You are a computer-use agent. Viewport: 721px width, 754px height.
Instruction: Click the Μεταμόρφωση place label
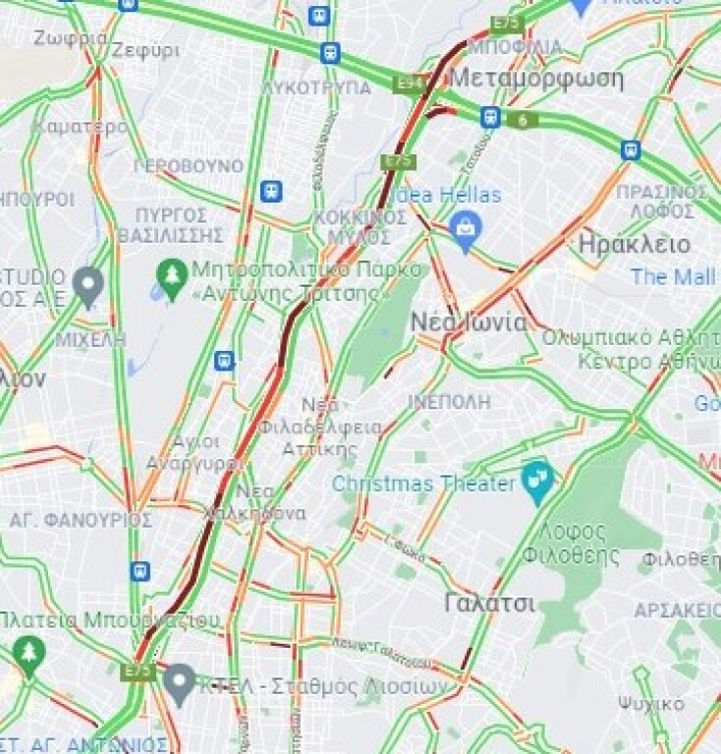[538, 78]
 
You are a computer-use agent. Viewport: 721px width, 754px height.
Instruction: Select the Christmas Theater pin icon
[537, 480]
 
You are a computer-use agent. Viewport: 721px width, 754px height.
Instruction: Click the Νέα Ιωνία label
[481, 322]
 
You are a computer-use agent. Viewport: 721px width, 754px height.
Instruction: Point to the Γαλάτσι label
[489, 603]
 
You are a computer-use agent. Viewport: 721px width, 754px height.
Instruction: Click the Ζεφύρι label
[145, 49]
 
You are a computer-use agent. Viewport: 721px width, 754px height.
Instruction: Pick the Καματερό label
[80, 127]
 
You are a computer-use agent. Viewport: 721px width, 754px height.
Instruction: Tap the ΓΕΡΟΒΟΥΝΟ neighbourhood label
[188, 165]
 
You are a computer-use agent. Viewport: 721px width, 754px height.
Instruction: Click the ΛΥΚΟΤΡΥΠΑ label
[316, 87]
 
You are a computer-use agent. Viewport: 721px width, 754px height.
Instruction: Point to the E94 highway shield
[408, 85]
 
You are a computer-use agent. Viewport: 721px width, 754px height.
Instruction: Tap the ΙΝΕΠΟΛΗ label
[449, 401]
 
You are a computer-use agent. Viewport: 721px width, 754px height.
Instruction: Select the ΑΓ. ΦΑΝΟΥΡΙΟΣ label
[81, 519]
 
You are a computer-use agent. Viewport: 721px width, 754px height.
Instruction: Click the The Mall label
[673, 276]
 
